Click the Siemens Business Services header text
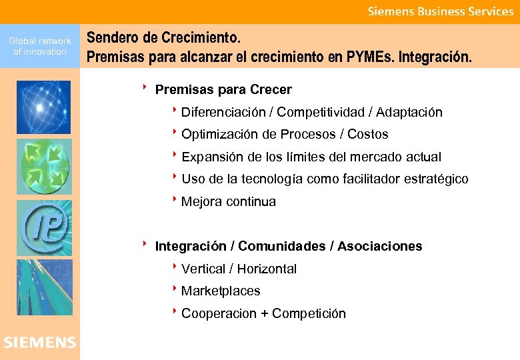point(441,11)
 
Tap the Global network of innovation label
point(40,46)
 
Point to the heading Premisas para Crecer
point(223,89)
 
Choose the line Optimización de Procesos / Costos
point(284,135)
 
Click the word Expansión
point(212,157)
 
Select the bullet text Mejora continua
point(228,202)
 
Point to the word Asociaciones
point(379,247)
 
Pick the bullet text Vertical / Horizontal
point(239,269)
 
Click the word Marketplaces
point(221,291)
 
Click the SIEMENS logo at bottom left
point(39,343)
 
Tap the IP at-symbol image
point(43,226)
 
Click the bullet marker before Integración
point(144,244)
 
